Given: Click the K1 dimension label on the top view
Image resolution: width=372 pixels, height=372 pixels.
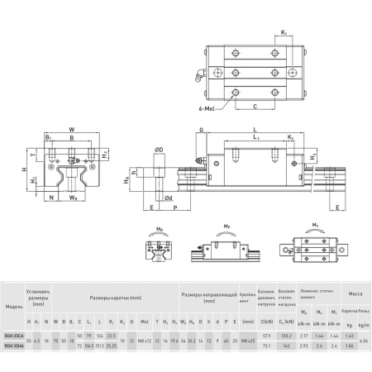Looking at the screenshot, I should [x=283, y=33].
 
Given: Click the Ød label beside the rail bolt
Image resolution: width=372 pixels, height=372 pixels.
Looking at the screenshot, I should [x=169, y=198].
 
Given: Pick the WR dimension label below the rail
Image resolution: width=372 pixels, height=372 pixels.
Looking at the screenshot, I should [x=73, y=198].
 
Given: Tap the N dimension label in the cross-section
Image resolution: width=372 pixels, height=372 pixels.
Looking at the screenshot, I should [x=51, y=198].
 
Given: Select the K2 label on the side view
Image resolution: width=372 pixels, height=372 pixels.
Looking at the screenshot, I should [x=290, y=137].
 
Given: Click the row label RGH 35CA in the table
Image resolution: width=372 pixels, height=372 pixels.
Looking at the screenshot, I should [x=14, y=336].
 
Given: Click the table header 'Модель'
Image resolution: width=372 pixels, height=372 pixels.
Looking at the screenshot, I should [x=13, y=306].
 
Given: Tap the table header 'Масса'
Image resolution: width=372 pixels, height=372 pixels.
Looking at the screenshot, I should [x=353, y=293].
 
